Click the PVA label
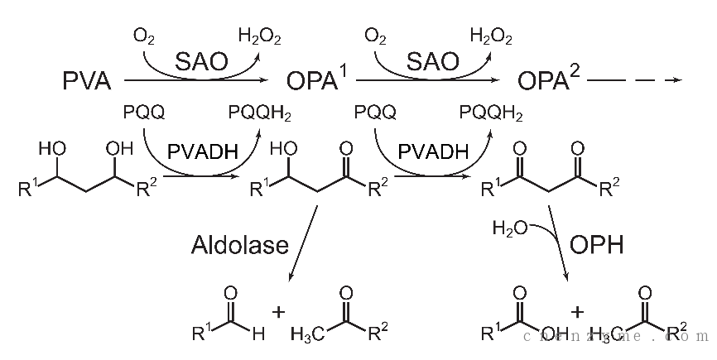[87, 81]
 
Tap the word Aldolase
[240, 244]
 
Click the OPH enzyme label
[596, 245]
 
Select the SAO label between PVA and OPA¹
[201, 61]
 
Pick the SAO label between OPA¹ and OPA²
[432, 61]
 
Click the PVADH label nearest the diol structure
[203, 151]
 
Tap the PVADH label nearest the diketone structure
[434, 151]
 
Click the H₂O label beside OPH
[510, 228]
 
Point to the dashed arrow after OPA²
[633, 80]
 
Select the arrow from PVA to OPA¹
[195, 80]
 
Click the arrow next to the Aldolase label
[303, 243]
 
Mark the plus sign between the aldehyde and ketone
[278, 312]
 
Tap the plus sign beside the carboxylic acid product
[577, 312]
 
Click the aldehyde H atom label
[258, 334]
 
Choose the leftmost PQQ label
[144, 112]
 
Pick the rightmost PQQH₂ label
[491, 113]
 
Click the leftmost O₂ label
[143, 36]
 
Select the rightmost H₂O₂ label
[491, 36]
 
